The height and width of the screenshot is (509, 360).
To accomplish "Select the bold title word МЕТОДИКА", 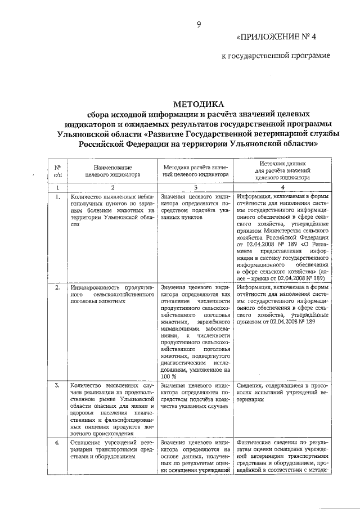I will (x=198, y=103).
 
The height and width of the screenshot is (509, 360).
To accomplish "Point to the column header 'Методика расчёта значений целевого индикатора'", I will (x=195, y=171).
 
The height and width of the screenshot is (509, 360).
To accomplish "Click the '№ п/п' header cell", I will (x=58, y=171).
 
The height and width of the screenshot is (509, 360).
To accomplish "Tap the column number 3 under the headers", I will (x=195, y=187).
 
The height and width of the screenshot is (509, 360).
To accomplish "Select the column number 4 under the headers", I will (x=282, y=187).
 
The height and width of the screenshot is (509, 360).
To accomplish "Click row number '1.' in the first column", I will (x=58, y=196).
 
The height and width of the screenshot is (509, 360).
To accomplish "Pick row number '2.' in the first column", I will (x=58, y=287).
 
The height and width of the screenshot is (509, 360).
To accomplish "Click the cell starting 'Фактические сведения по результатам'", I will (x=282, y=456).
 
